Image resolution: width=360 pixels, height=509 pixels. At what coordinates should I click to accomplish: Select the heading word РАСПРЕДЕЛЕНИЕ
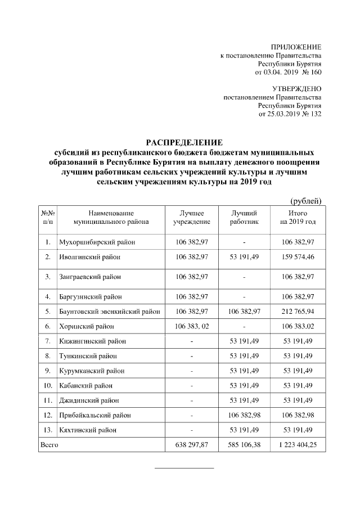click(185, 142)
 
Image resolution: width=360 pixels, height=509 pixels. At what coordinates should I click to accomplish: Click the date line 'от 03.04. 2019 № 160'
click(288, 73)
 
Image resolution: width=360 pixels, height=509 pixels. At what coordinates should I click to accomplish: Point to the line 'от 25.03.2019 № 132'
click(290, 114)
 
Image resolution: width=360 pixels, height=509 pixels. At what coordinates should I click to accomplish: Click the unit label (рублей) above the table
click(305, 201)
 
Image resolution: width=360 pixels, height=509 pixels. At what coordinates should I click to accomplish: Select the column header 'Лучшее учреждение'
click(192, 218)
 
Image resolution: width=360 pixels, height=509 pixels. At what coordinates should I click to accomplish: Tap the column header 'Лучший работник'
click(244, 218)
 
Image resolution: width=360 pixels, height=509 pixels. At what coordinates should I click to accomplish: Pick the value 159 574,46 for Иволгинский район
click(298, 256)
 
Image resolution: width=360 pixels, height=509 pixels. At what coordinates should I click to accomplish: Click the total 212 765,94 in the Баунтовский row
click(298, 311)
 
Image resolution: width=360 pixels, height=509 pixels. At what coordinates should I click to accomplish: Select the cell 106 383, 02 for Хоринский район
click(192, 326)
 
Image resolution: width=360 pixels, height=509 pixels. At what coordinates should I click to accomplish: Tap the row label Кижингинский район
click(92, 341)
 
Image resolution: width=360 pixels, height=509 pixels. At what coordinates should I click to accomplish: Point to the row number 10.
click(48, 386)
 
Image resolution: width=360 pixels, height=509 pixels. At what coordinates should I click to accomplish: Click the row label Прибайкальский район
click(94, 415)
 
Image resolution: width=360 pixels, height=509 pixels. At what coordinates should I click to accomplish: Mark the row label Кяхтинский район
click(88, 430)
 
